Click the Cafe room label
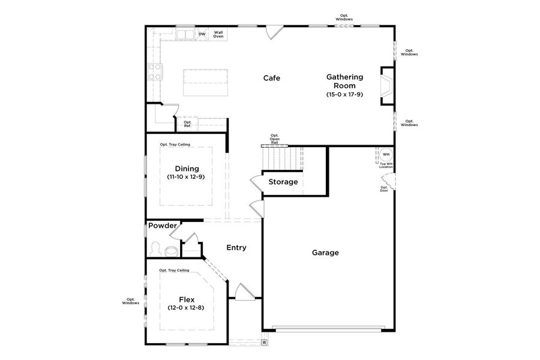pos(272,78)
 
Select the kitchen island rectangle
pos(207,82)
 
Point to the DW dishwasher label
pos(202,34)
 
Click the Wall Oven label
pos(218,34)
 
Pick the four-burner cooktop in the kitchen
pos(155,72)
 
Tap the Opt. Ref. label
pos(187,124)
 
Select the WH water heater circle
pos(386,154)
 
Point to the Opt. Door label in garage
pos(384,189)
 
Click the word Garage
pos(325,253)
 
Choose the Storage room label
pos(283,182)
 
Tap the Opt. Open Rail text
pos(274,139)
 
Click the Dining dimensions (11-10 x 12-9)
pos(187,178)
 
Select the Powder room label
pos(163,226)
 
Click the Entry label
pos(236,247)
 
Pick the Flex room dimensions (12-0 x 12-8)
pos(187,308)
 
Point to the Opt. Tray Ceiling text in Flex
pos(174,271)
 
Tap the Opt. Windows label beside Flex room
pos(130,301)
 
